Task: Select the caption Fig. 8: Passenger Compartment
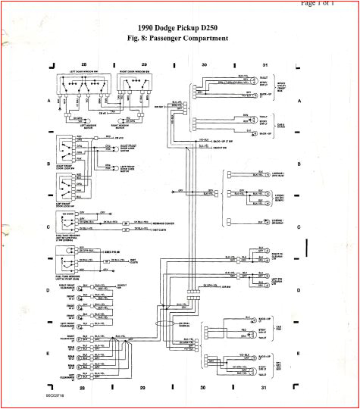click(x=179, y=39)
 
